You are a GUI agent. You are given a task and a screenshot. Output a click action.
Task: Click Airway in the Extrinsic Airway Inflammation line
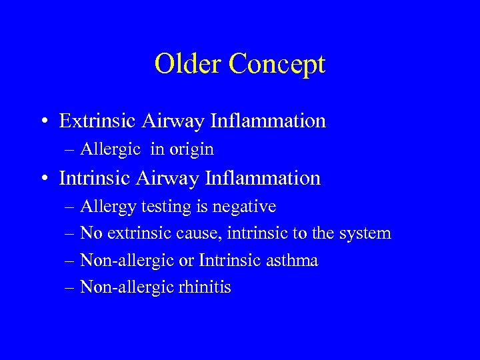point(171,121)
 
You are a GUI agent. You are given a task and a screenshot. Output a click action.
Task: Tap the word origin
point(191,150)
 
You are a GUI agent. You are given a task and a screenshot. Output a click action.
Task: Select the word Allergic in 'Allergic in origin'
point(110,150)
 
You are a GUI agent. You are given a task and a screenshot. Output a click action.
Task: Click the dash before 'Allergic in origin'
point(70,150)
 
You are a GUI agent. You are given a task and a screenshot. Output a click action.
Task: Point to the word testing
point(166,207)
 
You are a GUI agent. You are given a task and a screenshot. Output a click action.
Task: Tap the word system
point(365,234)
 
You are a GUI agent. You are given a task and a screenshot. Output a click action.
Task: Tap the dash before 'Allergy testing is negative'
point(70,207)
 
